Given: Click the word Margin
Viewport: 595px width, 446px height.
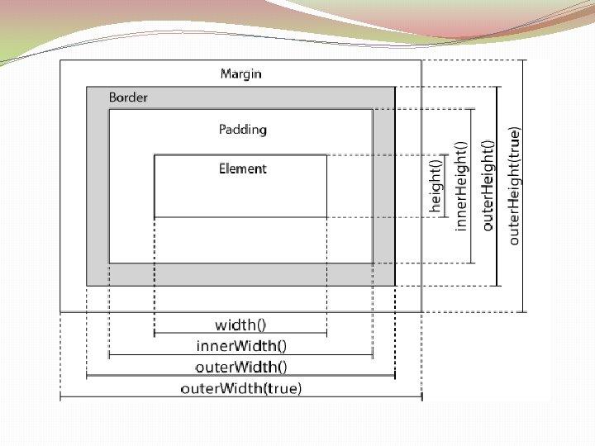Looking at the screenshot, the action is tap(240, 74).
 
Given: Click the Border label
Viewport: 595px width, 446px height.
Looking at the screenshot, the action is tap(128, 97).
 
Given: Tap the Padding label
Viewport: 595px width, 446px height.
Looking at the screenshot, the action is tap(243, 129).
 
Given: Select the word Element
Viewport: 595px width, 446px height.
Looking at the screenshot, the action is tap(243, 168).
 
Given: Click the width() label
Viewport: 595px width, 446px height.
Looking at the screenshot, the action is tap(240, 325).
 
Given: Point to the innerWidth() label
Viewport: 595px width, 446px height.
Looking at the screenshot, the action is tap(241, 345).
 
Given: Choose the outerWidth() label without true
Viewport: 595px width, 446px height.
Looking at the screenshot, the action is tap(241, 366).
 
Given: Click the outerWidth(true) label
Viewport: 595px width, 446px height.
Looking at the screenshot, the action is tap(241, 387).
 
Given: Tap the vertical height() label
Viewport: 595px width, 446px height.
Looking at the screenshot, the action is tap(436, 187).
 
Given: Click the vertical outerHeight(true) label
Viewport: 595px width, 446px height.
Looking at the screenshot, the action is tap(514, 185).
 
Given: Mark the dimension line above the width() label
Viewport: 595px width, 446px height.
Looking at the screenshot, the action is tap(240, 335).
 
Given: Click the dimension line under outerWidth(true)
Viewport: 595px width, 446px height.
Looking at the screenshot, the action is tap(241, 398).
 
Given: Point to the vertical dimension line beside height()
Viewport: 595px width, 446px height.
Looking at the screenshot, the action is tap(448, 187).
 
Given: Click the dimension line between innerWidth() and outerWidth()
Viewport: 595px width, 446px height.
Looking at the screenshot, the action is tap(241, 355).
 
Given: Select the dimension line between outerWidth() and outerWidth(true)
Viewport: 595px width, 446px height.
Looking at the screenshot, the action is tap(241, 376).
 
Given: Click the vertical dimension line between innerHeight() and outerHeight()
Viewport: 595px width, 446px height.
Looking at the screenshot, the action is tap(472, 185).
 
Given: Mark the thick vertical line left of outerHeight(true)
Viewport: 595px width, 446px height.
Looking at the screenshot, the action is tap(497, 185).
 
